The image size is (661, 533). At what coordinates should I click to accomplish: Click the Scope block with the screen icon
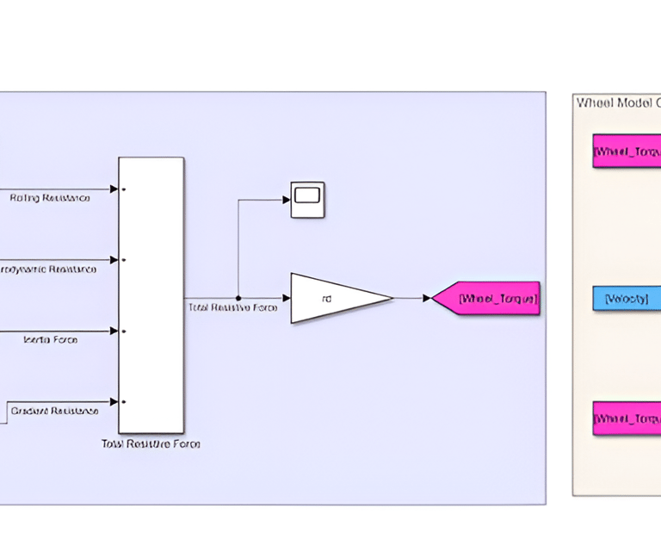click(307, 199)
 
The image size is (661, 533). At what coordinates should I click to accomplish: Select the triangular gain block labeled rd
click(336, 298)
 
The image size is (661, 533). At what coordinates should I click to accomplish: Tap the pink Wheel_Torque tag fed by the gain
click(489, 298)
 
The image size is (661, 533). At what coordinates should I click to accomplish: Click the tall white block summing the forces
click(151, 294)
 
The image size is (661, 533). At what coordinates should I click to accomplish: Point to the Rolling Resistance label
click(50, 198)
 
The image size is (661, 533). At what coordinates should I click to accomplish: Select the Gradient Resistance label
click(54, 411)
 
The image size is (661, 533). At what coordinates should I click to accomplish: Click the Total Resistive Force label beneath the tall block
click(151, 444)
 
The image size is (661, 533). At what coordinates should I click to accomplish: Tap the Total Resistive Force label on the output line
click(232, 307)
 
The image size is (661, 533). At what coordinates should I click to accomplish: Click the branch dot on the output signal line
click(238, 298)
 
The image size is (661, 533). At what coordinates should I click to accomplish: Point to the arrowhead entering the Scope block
click(287, 200)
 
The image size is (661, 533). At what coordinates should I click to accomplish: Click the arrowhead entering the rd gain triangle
click(287, 298)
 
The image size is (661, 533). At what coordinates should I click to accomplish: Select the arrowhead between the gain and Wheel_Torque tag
click(426, 298)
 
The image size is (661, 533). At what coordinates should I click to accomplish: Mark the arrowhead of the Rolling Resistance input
click(114, 189)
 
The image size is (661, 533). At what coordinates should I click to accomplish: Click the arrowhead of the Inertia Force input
click(114, 331)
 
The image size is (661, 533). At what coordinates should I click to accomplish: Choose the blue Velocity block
click(627, 298)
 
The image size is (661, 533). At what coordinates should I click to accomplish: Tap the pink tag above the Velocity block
click(627, 151)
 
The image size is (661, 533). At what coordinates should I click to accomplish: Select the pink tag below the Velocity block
click(627, 418)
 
